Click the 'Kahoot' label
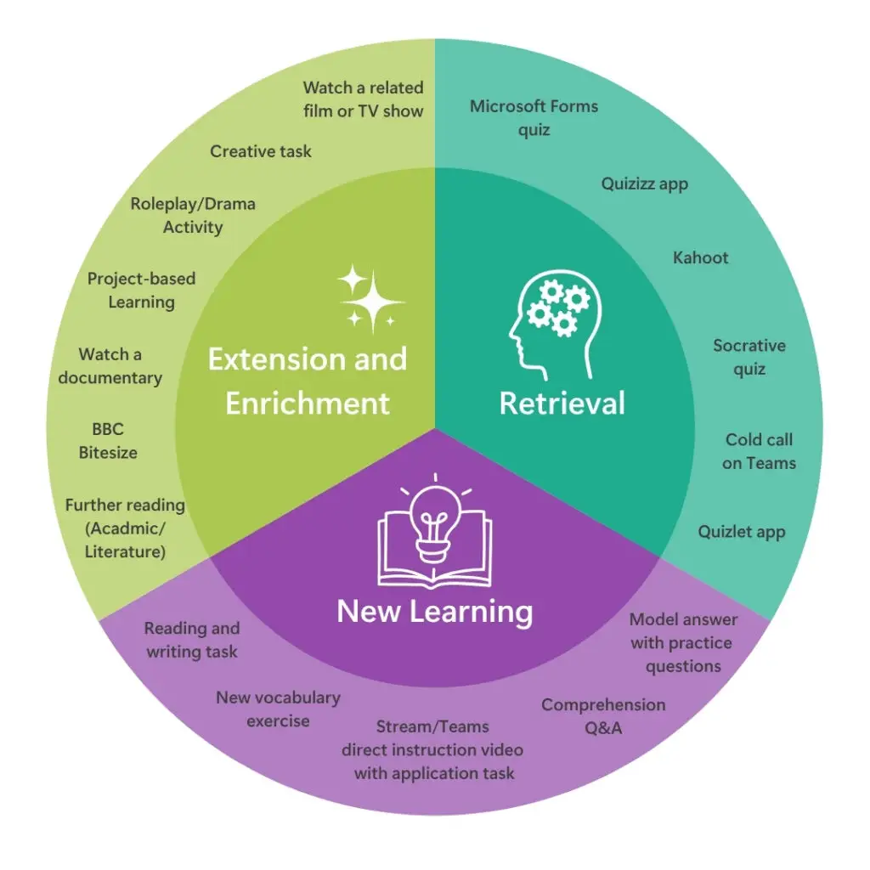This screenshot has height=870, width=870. point(701,257)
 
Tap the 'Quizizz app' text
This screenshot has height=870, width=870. point(645,184)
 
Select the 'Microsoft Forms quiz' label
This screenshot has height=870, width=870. point(534,118)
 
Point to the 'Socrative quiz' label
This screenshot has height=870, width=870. point(749,357)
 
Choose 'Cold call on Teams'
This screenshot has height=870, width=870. point(759,451)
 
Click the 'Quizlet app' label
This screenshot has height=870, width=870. point(742,532)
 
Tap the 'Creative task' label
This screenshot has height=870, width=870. point(261,151)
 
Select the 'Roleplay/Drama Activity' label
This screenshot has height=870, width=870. point(193,216)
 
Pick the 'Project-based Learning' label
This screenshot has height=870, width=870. point(141,290)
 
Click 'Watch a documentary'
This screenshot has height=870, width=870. point(110,365)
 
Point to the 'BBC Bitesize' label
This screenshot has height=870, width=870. point(108,441)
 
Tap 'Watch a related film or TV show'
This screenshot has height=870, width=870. point(363,99)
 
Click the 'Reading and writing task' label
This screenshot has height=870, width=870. point(192,640)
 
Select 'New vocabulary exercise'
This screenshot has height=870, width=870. point(278,709)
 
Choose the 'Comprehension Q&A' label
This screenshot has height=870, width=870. point(603,716)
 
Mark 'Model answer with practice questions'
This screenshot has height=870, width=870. point(683,642)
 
